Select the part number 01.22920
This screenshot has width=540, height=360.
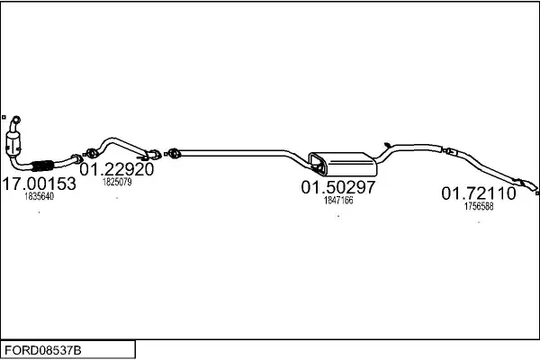coord(117,169)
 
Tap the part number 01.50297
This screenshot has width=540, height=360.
coord(337,188)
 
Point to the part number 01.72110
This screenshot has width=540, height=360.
coord(478,193)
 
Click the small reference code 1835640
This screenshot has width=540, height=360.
coord(39,196)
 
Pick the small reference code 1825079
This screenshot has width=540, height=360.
coord(117,182)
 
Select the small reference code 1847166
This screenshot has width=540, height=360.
coord(337,201)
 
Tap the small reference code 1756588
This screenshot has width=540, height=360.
coord(478,206)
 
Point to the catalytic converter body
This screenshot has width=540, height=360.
coord(17,144)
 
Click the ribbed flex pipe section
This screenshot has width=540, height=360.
coord(40,166)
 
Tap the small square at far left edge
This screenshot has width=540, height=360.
coord(4,116)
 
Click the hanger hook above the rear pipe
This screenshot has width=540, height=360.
coord(384,142)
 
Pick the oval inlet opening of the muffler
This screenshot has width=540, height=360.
coord(317,162)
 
